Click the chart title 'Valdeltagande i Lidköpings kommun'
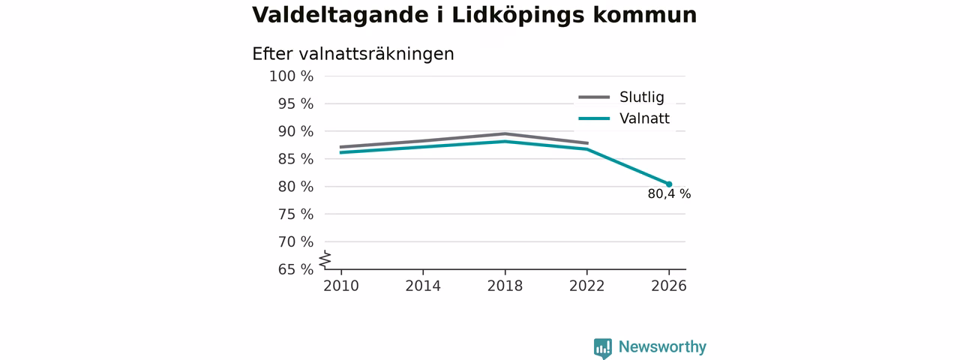click(475, 16)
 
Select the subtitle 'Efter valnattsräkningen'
click(352, 54)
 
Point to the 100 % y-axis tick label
click(292, 76)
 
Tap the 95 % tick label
click(295, 103)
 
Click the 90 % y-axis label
click(295, 131)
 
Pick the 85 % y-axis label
click(295, 159)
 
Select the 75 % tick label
click(295, 214)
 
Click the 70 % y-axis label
click(295, 241)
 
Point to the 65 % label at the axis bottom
click(295, 269)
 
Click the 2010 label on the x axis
click(341, 286)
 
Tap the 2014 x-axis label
click(423, 286)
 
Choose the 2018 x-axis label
click(505, 286)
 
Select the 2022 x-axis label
click(586, 286)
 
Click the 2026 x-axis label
click(668, 286)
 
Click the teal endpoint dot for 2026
click(669, 184)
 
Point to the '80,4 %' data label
click(669, 194)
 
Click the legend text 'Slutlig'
click(641, 97)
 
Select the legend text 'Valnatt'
click(644, 118)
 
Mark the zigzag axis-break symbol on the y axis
click(325, 259)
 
